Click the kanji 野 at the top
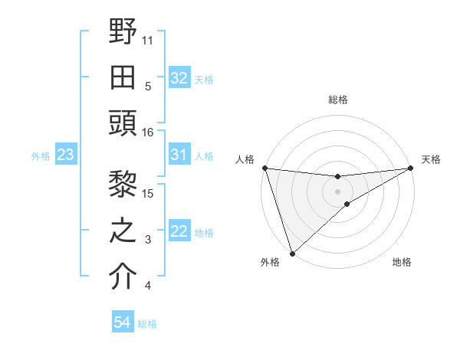[123, 32]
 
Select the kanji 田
[123, 78]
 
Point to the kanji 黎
[123, 184]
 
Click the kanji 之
[123, 231]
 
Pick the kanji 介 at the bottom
[123, 277]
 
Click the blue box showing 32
[179, 78]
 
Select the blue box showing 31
[179, 155]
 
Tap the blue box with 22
[179, 231]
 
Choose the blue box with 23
[65, 155]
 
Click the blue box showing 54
[123, 322]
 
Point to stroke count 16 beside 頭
[148, 133]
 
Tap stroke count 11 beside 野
[148, 39]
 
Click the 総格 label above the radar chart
[337, 100]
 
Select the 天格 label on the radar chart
[431, 159]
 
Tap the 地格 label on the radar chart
[402, 262]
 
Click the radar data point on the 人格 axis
[264, 168]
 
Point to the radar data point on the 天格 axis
[411, 168]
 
